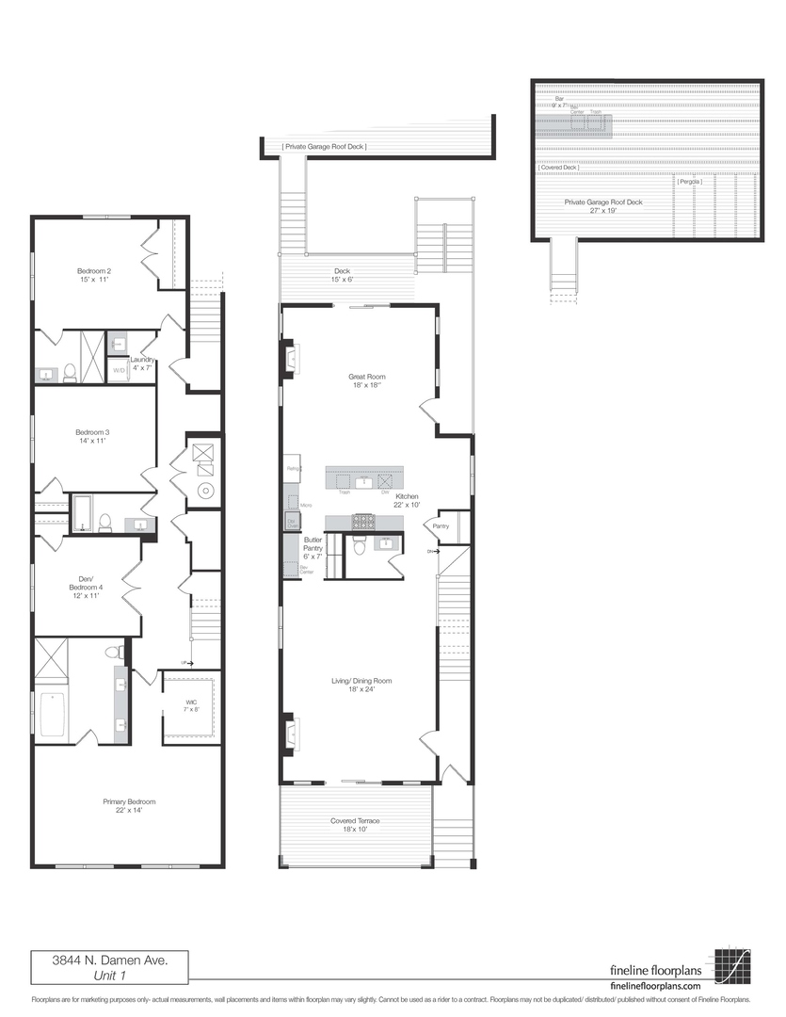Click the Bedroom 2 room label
93,275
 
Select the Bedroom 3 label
93,437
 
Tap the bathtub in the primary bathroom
52,715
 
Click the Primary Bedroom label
128,806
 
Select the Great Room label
367,380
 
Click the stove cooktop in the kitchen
363,522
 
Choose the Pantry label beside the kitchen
441,526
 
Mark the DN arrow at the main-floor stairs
433,551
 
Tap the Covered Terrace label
355,825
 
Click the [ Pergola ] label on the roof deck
689,181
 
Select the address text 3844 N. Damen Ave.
109,961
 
